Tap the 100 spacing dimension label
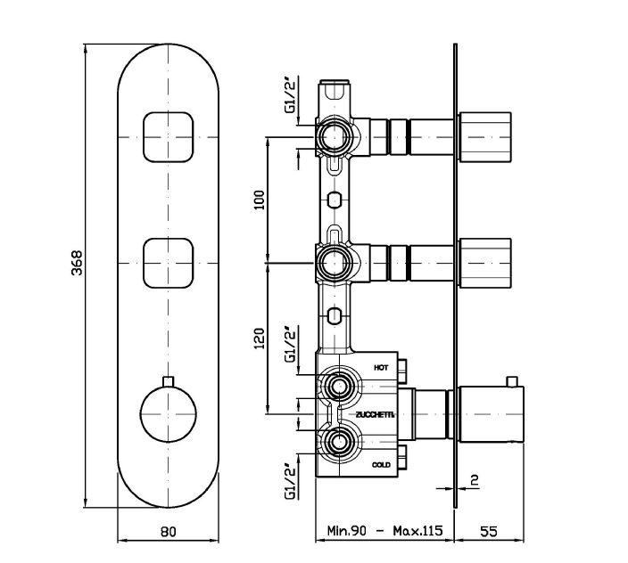pos(260,198)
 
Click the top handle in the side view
pos(484,135)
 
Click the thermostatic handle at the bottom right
pos(486,414)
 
